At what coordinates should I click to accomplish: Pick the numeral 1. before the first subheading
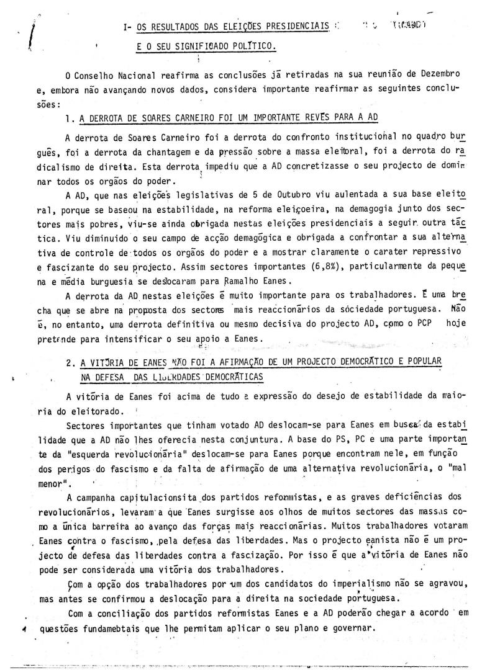click(x=69, y=118)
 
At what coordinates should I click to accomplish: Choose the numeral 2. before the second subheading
click(x=70, y=362)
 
